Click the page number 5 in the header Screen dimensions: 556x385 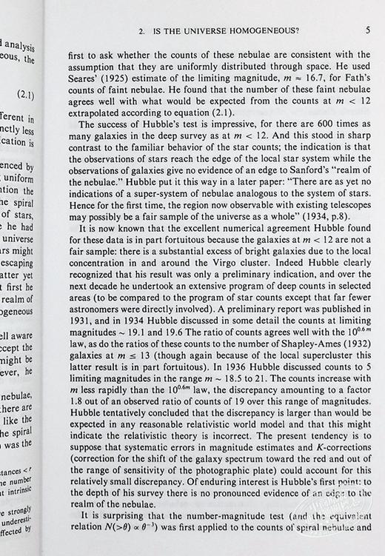pos(368,30)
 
